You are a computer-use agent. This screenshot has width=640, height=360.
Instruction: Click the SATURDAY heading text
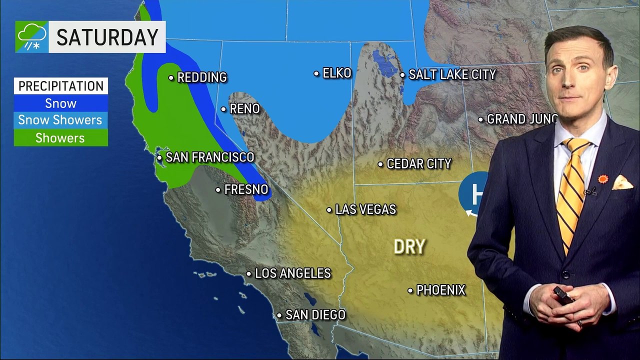[107, 37]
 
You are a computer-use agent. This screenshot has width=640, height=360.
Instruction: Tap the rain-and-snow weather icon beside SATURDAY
[31, 37]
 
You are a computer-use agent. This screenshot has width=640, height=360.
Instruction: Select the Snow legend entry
[61, 103]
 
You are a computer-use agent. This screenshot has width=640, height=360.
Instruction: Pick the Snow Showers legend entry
[60, 120]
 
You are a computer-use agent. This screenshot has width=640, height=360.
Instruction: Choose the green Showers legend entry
[60, 138]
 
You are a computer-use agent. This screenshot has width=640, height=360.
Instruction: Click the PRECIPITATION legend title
[61, 86]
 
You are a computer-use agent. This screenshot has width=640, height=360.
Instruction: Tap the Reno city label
[244, 108]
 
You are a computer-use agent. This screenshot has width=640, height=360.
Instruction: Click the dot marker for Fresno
[218, 189]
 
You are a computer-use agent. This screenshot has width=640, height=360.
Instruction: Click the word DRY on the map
[409, 246]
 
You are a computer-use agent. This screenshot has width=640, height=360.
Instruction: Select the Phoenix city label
[440, 290]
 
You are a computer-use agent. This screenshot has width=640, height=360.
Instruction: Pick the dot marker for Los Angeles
[248, 273]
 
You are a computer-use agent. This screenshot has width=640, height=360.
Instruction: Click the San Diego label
[315, 315]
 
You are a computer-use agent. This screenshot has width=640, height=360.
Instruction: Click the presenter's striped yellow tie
[571, 190]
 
